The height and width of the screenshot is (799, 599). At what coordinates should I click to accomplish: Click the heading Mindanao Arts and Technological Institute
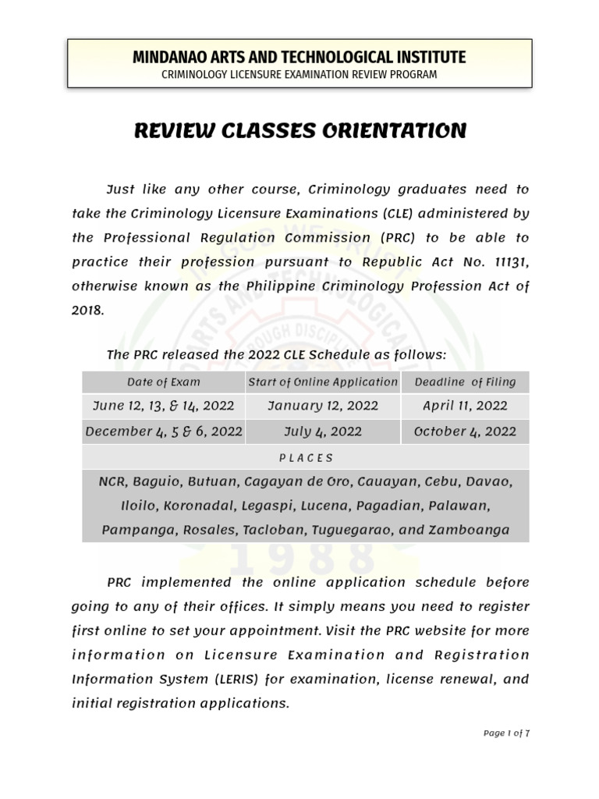pos(299,57)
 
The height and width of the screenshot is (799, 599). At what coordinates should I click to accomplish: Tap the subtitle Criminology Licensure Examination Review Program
pos(299,75)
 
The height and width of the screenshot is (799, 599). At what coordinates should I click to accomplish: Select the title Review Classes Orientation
pos(300,131)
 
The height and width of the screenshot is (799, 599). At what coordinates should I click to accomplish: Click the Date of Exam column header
pos(164,382)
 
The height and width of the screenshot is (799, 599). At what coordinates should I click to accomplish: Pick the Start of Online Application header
pos(323,382)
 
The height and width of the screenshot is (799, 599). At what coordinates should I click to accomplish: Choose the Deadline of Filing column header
pos(465,382)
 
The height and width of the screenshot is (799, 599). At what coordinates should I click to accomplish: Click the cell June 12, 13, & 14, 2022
pos(164,406)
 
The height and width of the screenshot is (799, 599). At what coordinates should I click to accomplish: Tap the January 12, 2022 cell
pos(323,406)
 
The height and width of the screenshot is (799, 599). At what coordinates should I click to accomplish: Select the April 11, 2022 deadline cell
pos(465,406)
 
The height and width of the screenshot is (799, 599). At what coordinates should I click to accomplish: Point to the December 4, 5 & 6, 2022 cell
pos(164,431)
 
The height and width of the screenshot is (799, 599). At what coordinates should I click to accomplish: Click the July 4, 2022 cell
pos(323,431)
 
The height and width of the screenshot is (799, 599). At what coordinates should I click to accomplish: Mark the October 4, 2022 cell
pos(465,431)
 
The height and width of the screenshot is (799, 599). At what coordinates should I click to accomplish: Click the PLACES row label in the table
pos(306,458)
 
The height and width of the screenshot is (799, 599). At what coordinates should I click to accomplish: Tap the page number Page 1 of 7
pos(506,733)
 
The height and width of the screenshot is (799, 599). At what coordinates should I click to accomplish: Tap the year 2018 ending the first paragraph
pos(87,310)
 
